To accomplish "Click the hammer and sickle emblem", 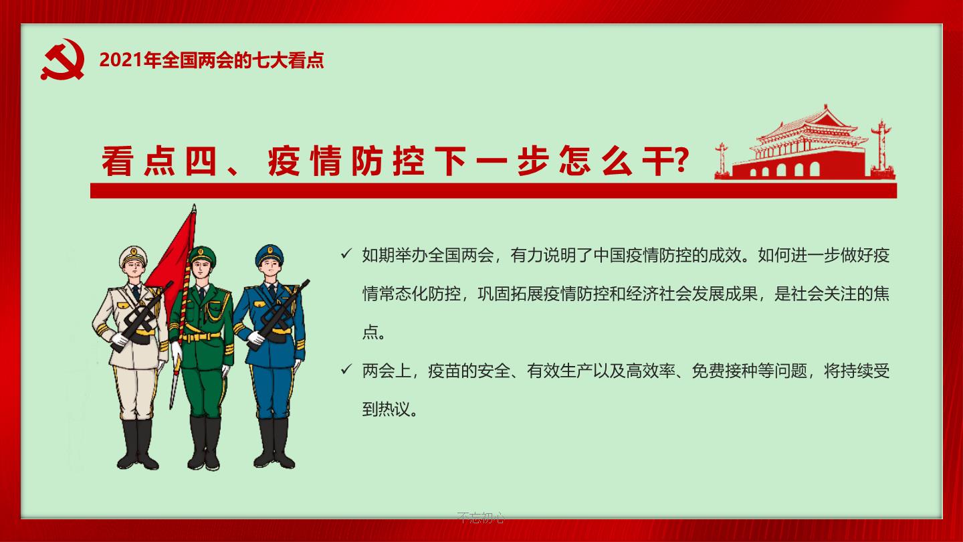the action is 63,60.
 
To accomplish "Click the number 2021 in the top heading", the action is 121,60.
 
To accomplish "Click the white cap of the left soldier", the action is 133,255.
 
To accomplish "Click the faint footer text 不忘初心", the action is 481,517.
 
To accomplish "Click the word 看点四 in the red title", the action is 159,161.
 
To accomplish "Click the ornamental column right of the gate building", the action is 881,149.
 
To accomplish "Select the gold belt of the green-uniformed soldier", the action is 201,336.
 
